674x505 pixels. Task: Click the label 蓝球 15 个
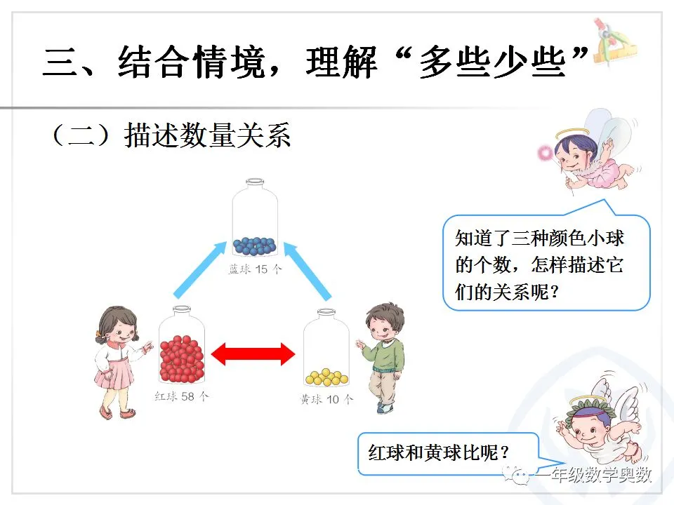[x=255, y=269]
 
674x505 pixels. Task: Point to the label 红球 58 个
[x=181, y=396]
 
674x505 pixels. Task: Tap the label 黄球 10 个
[x=326, y=400]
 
